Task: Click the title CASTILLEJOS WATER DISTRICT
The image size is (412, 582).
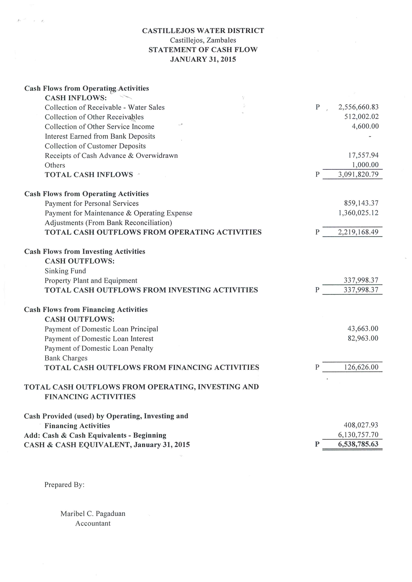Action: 203,31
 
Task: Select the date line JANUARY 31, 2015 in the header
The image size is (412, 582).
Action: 203,59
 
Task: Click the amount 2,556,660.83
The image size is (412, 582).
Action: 358,107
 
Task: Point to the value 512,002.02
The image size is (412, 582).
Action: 361,117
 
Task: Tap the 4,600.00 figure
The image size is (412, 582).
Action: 365,126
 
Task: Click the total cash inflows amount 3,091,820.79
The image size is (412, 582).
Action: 358,174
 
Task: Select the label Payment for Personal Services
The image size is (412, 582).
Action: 92,204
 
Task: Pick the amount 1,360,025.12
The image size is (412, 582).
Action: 358,213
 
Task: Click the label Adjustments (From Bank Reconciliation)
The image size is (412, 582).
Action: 108,223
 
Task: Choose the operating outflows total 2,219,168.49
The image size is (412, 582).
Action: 358,232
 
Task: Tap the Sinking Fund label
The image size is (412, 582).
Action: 65,271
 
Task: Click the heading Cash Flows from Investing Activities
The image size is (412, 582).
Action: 85,251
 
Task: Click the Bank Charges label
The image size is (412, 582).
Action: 66,358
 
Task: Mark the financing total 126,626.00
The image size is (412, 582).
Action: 361,367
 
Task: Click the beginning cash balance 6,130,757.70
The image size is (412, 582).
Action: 358,435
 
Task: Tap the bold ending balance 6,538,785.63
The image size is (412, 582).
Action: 358,444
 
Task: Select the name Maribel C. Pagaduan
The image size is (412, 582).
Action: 93,514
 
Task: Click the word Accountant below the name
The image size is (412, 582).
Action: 93,523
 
